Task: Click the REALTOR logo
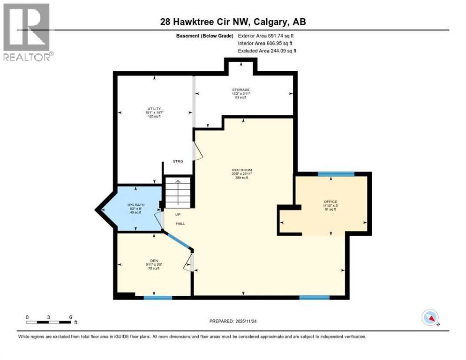[27, 32]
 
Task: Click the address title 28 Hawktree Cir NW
[233, 22]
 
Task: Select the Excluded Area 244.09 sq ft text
[267, 51]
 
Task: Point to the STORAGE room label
[241, 90]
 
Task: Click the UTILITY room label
[154, 109]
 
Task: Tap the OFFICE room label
[330, 202]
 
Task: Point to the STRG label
[177, 161]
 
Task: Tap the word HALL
[180, 224]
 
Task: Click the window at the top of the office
[336, 174]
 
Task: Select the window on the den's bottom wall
[158, 298]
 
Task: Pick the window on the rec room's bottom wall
[314, 298]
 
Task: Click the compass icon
[430, 318]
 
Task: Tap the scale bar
[49, 322]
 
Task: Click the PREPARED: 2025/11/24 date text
[233, 321]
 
